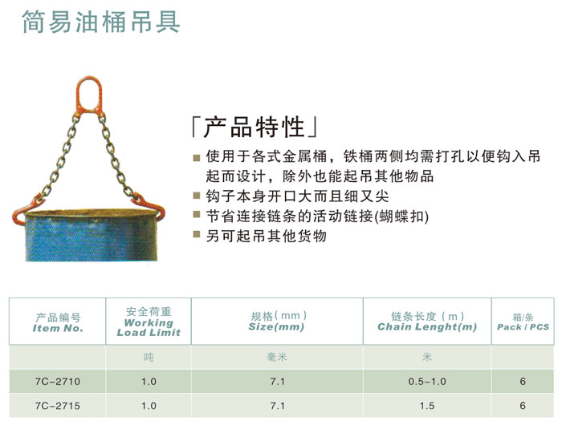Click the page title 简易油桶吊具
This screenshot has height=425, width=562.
point(101,22)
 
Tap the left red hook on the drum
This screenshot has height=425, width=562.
point(25,210)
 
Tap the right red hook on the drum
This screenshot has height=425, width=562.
point(150,207)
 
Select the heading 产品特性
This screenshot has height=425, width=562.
point(255,127)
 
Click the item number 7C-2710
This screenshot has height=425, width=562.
point(58,382)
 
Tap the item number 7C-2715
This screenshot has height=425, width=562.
point(58,406)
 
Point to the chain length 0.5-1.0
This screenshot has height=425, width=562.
point(427,382)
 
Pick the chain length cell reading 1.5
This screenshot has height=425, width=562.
point(427,406)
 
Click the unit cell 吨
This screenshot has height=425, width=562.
point(149,358)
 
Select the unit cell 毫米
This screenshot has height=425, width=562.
point(277,358)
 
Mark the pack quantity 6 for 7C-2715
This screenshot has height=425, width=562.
point(523,406)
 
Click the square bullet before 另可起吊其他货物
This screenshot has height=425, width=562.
point(197,234)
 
